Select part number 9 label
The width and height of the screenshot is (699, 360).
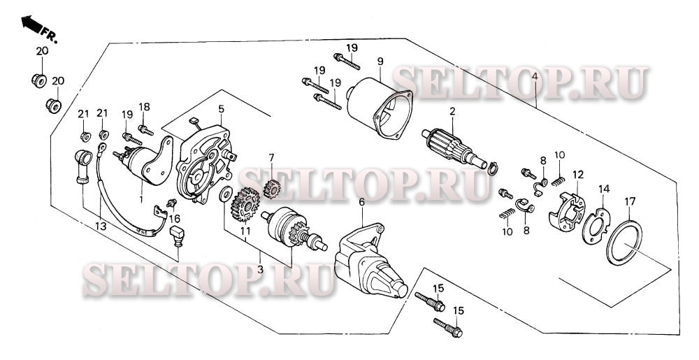tap(381, 62)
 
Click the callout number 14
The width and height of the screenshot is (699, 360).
tap(603, 189)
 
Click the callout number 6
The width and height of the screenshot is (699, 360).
tap(361, 203)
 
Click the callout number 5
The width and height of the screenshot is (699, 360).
tap(221, 109)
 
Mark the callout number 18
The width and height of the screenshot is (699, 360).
tap(145, 106)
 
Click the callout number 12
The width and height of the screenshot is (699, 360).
tap(578, 174)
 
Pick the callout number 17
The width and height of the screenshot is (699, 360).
tap(630, 202)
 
